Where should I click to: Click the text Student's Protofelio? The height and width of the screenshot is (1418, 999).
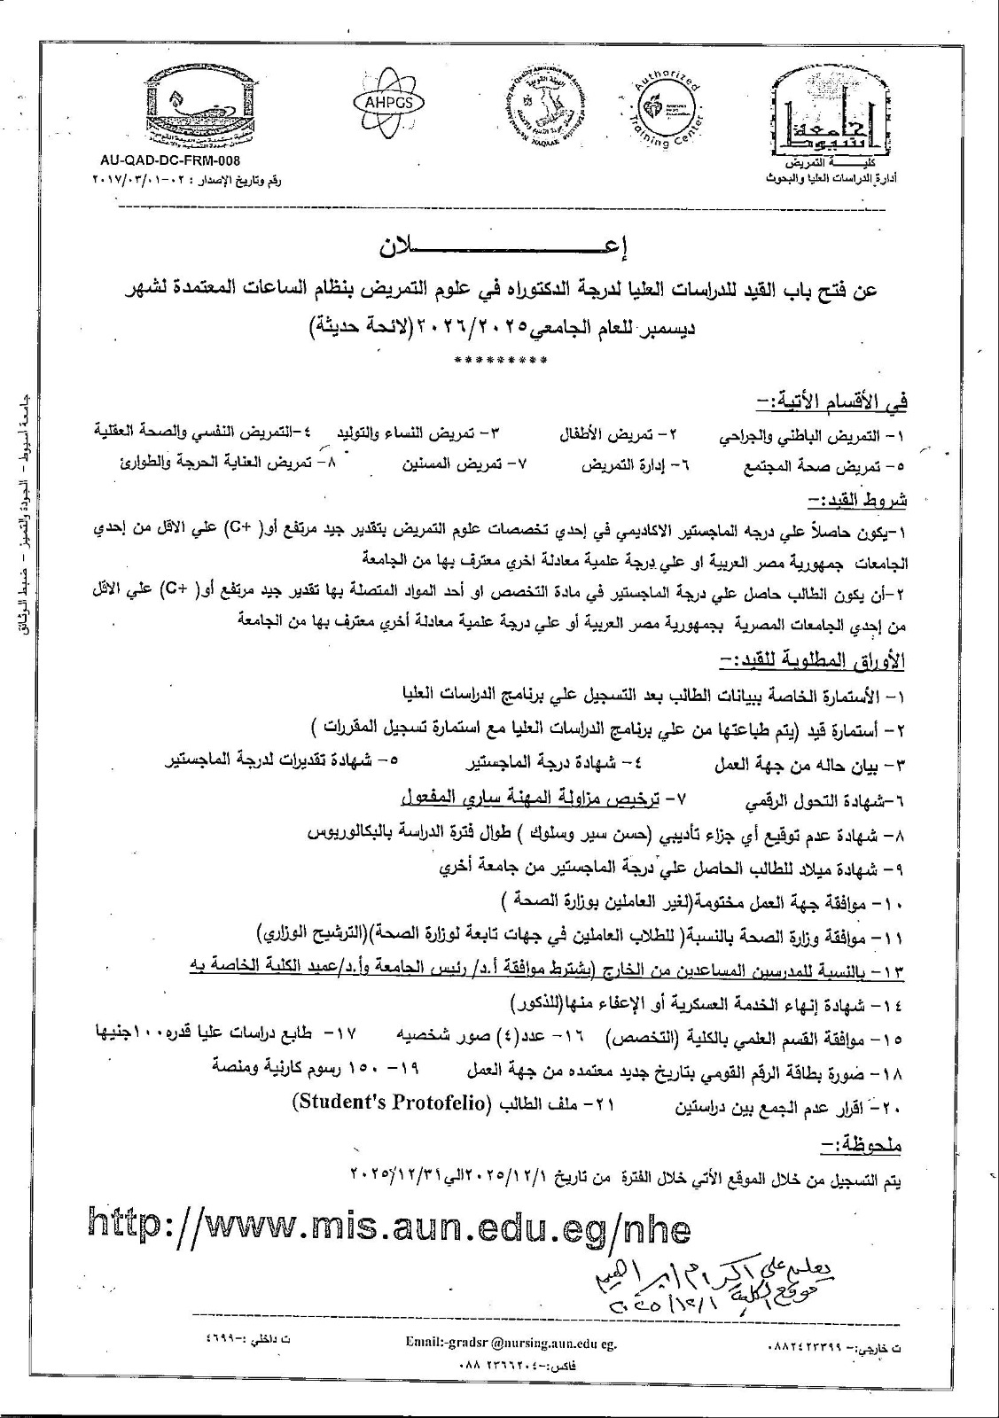pyautogui.click(x=391, y=1104)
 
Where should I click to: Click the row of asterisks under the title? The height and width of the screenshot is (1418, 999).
pyautogui.click(x=499, y=360)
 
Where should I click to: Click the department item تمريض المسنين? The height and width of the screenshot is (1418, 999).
pyautogui.click(x=479, y=464)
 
